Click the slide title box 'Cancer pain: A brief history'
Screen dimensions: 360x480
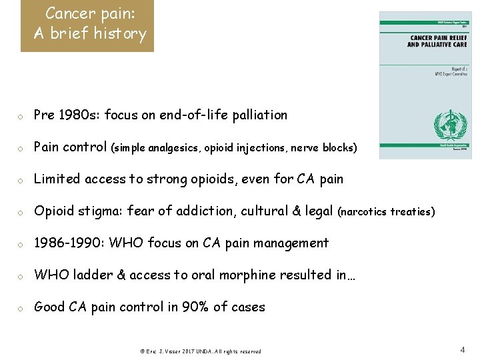point(87,25)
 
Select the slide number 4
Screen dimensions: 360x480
point(463,349)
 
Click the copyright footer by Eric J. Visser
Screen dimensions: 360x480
point(200,351)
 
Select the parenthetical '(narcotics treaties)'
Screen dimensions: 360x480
point(387,211)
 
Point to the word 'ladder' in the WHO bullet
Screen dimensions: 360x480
point(97,275)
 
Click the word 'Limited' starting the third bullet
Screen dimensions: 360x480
point(57,179)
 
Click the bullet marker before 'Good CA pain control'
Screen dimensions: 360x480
point(21,308)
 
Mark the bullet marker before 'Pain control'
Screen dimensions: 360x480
point(21,148)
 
